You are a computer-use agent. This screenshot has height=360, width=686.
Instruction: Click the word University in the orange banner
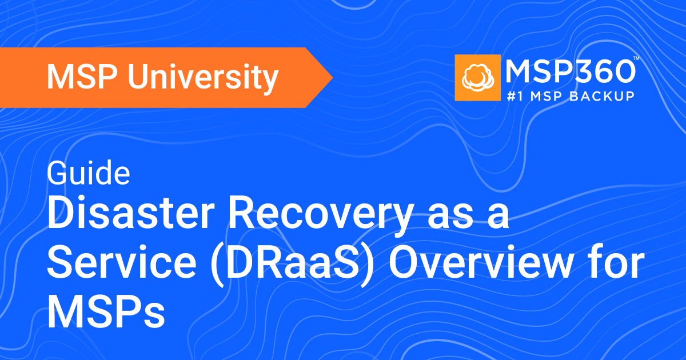[x=205, y=78]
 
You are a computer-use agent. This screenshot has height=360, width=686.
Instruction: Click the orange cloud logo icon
[x=477, y=77]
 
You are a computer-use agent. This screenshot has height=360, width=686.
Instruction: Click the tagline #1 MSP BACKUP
[x=571, y=96]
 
